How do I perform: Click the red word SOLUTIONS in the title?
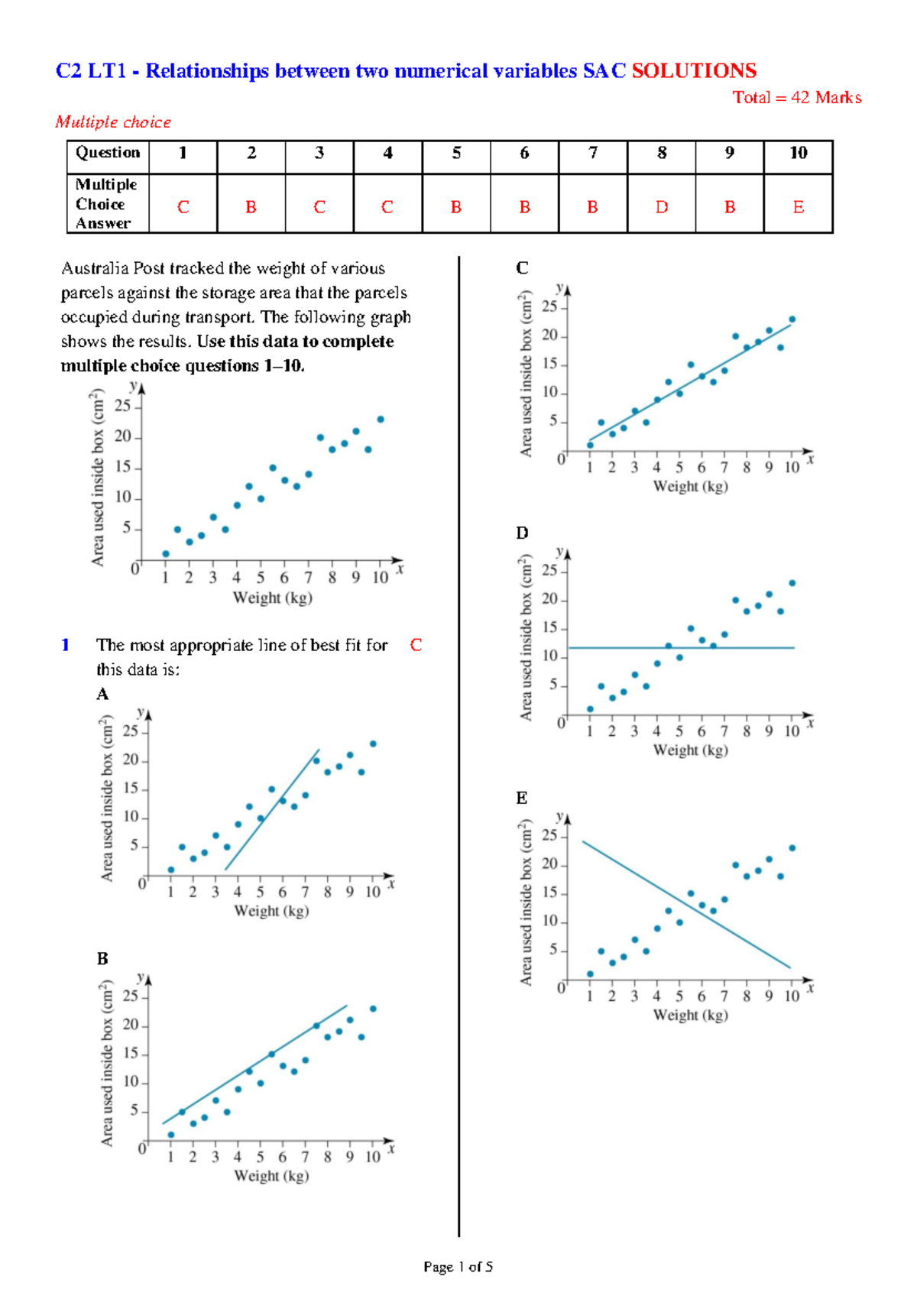tap(694, 71)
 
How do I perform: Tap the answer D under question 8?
tap(662, 207)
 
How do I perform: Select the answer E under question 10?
tap(798, 207)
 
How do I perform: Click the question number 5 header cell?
tap(456, 154)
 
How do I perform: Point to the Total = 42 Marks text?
tap(797, 98)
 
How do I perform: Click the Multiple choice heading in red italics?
tap(113, 122)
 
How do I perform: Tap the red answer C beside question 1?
tap(416, 645)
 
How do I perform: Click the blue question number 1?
tap(65, 645)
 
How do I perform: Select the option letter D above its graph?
tap(522, 533)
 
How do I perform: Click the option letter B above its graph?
tap(102, 958)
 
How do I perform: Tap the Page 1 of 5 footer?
tap(458, 1267)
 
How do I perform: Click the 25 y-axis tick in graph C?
tap(549, 307)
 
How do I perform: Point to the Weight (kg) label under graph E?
tap(690, 1015)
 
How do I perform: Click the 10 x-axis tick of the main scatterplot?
tap(380, 578)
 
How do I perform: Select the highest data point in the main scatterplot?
tap(381, 420)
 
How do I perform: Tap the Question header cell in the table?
tap(108, 153)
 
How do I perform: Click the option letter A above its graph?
tap(102, 694)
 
